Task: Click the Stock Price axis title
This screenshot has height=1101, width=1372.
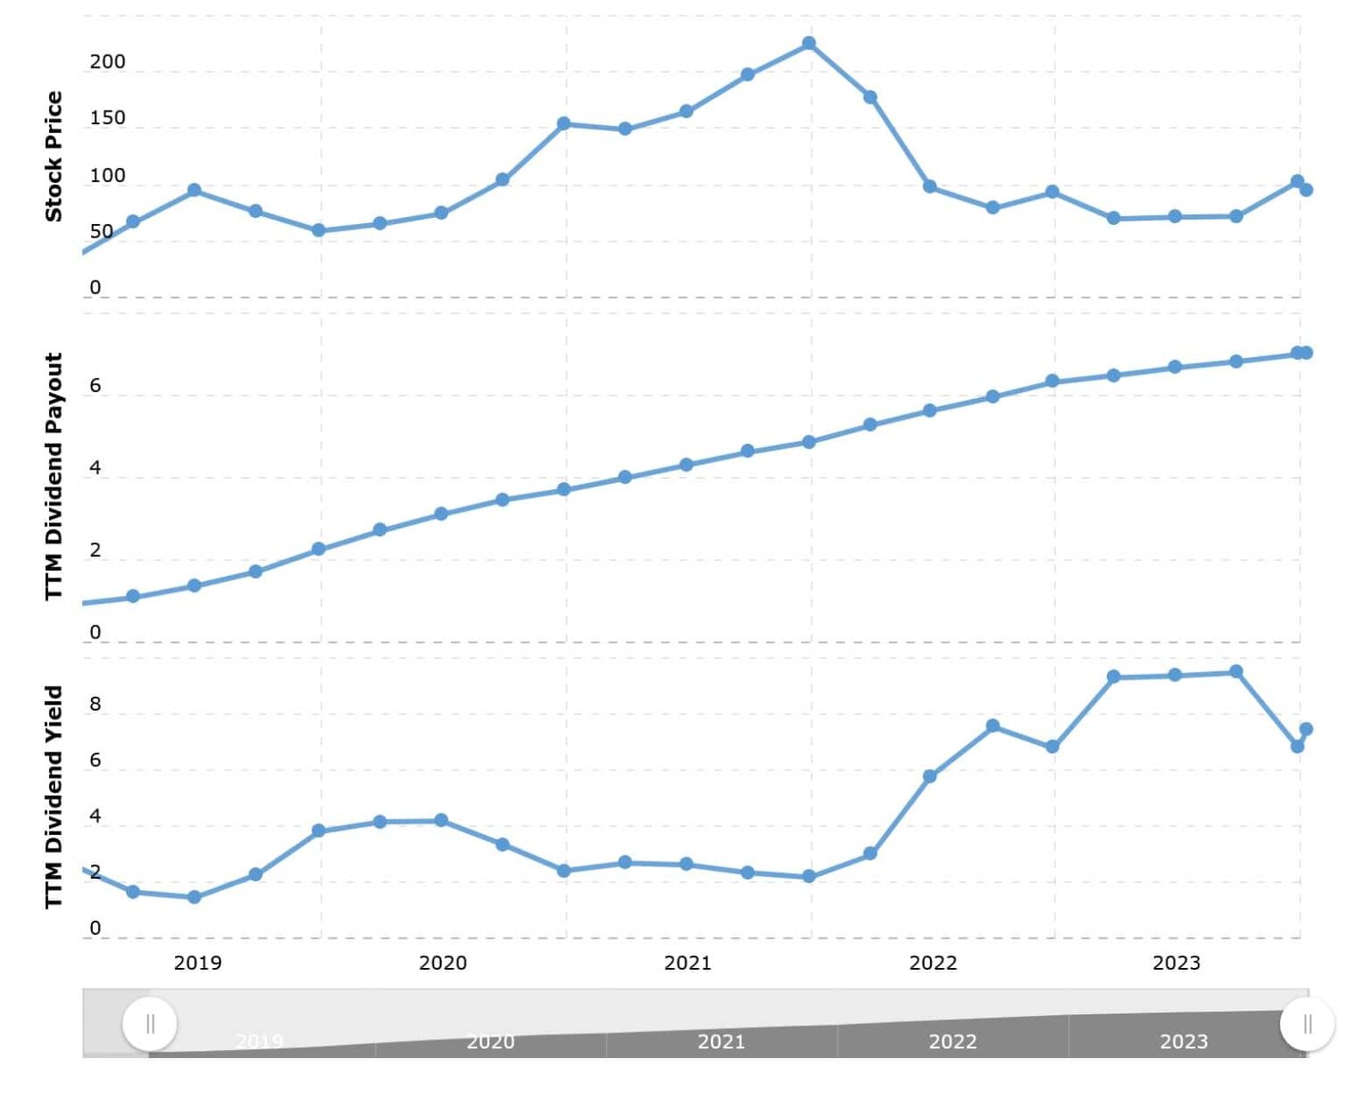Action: [54, 156]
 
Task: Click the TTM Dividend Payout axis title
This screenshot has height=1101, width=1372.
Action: [54, 476]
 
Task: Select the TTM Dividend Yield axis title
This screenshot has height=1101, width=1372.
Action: [54, 797]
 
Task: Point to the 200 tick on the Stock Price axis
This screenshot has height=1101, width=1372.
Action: [107, 62]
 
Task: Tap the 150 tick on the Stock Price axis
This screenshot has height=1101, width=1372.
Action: [107, 118]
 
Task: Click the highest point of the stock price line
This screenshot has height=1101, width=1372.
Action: [808, 44]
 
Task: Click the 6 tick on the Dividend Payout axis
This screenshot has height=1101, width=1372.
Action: [96, 386]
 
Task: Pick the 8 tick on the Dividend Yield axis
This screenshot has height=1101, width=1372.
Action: [96, 704]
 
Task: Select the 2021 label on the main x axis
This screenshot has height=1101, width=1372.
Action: [687, 963]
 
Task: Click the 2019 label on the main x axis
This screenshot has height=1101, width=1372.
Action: [197, 963]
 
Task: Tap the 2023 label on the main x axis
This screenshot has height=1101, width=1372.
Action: [1175, 963]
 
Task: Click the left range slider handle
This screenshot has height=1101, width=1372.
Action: [150, 1023]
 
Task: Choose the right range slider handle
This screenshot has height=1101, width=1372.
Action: [1307, 1023]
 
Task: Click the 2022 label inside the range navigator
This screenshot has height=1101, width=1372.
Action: [952, 1041]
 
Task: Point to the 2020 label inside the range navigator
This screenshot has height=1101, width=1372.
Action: [490, 1041]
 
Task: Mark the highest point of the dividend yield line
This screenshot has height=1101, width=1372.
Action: [1236, 671]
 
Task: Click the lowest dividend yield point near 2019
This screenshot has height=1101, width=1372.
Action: [194, 897]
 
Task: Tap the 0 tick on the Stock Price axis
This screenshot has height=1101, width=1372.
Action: [96, 288]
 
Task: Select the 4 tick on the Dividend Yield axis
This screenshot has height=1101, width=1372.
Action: [96, 816]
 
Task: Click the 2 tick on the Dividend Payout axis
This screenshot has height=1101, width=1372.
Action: [96, 550]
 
